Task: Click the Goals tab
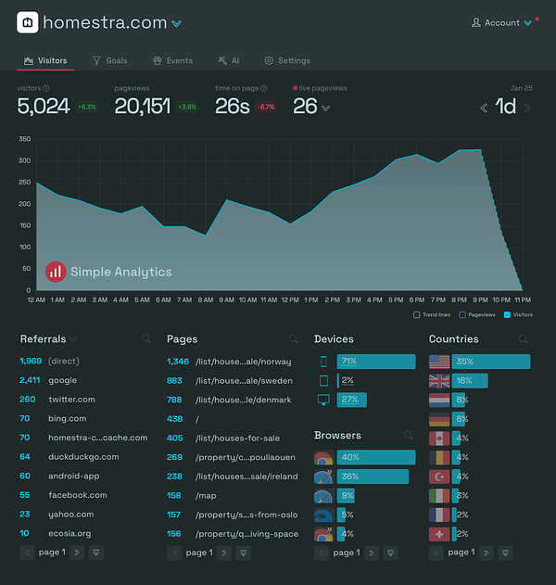[x=110, y=60]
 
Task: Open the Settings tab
[x=287, y=60]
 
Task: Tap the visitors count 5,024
[x=44, y=107]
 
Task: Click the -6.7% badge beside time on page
[x=265, y=107]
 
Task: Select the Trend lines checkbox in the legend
[x=417, y=314]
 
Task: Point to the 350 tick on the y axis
[x=24, y=139]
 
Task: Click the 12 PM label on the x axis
[x=289, y=299]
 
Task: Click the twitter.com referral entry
[x=71, y=400]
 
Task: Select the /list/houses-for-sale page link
[x=238, y=438]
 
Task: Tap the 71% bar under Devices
[x=375, y=362]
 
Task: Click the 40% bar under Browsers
[x=375, y=457]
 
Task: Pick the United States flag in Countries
[x=439, y=362]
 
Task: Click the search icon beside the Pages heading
[x=294, y=339]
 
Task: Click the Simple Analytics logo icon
[x=56, y=272]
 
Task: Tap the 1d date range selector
[x=506, y=107]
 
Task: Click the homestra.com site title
[x=105, y=22]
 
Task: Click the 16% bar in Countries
[x=469, y=381]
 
